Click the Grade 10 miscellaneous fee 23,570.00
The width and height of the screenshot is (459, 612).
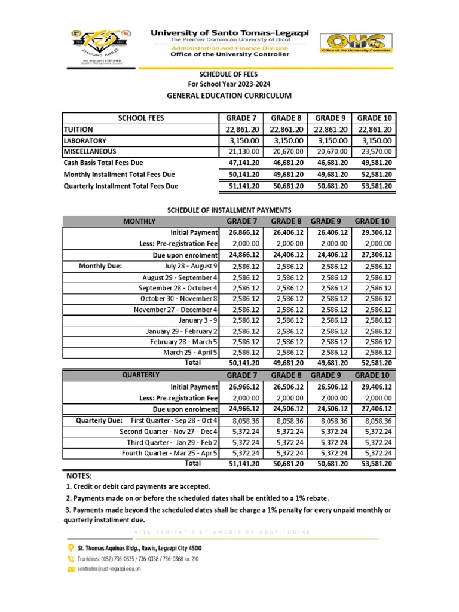pyautogui.click(x=374, y=151)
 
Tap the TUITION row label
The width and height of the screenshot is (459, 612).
pyautogui.click(x=79, y=129)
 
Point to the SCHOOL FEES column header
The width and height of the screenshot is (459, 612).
pyautogui.click(x=140, y=118)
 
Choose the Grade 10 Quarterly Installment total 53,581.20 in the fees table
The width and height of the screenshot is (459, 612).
pyautogui.click(x=374, y=186)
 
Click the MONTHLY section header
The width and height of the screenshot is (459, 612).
pyautogui.click(x=139, y=222)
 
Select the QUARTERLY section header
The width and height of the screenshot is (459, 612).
pyautogui.click(x=141, y=375)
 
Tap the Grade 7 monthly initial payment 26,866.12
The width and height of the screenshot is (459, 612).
pyautogui.click(x=242, y=232)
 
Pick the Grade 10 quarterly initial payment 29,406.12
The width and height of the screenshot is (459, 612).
pyautogui.click(x=374, y=387)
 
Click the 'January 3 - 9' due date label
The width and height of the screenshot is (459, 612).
pyautogui.click(x=199, y=320)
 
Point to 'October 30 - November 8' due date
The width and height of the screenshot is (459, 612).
pyautogui.click(x=179, y=298)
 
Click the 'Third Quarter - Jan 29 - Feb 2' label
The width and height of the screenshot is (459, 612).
pyautogui.click(x=172, y=442)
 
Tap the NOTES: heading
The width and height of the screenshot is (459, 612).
pyautogui.click(x=79, y=476)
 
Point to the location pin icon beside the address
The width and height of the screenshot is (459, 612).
pyautogui.click(x=69, y=547)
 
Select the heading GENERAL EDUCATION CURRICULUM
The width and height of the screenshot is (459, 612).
pyautogui.click(x=229, y=96)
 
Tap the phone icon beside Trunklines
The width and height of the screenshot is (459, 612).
pyautogui.click(x=69, y=559)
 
